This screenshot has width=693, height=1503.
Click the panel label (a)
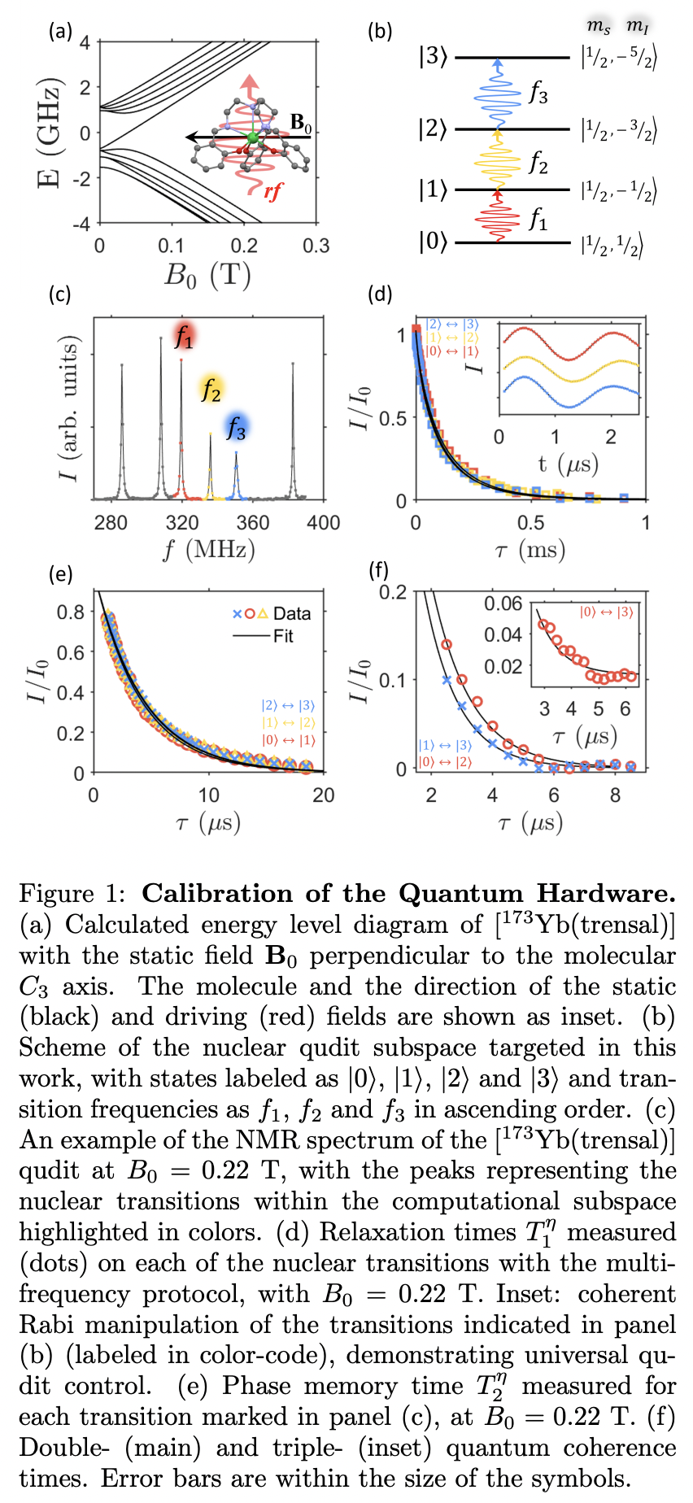click(60, 32)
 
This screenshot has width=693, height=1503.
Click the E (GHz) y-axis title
click(50, 133)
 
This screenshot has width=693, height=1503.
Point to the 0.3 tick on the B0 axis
click(316, 246)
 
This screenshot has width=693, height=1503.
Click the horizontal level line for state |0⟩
click(512, 242)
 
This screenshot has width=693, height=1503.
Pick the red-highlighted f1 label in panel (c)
click(184, 336)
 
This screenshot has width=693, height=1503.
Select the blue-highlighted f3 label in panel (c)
click(236, 426)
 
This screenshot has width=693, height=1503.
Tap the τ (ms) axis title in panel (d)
click(530, 551)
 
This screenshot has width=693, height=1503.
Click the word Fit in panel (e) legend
click(283, 635)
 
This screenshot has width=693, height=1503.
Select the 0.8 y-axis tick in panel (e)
click(71, 612)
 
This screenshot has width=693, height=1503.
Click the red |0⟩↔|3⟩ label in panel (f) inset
click(605, 612)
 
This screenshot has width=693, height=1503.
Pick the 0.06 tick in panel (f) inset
click(503, 603)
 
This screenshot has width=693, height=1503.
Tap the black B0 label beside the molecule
click(301, 124)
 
